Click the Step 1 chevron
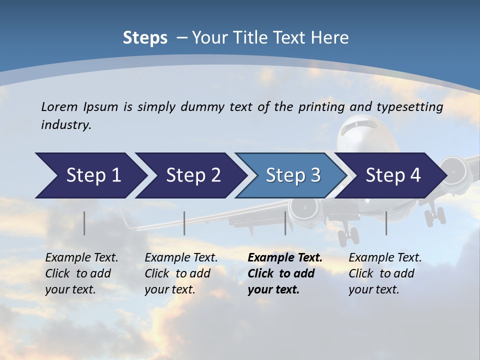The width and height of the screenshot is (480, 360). point(90,175)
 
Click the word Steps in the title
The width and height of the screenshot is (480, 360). point(145,38)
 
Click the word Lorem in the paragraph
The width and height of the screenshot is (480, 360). point(59,107)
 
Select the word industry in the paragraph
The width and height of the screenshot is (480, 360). point(65,125)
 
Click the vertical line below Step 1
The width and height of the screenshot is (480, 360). point(84,223)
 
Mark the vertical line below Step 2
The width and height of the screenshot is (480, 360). point(184,223)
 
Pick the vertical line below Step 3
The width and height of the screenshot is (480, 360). point(285,223)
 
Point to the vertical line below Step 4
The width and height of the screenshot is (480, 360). point(386,223)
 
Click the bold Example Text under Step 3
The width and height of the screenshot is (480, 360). point(285,258)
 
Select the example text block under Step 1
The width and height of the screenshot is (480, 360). point(81,273)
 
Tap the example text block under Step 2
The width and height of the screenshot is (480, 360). point(181,273)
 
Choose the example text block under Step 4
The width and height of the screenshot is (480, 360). point(385,273)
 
